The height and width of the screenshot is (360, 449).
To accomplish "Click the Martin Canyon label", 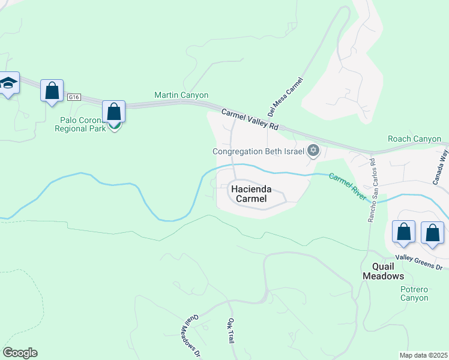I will (x=181, y=95).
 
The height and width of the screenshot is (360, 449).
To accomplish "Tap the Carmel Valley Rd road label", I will (x=250, y=119).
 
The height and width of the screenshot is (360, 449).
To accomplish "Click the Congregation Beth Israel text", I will (x=259, y=151).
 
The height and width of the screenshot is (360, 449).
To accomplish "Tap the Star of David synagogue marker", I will (x=313, y=151).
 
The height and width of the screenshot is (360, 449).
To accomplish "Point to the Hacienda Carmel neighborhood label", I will (x=251, y=194).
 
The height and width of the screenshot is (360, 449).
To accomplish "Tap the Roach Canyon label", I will (x=414, y=139).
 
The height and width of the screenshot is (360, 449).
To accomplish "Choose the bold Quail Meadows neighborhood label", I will (x=383, y=271).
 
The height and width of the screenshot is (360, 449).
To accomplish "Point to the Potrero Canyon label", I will (x=406, y=293).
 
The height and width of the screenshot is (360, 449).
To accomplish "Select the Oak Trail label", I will (x=231, y=331).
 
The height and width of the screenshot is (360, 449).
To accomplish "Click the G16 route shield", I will (x=74, y=97).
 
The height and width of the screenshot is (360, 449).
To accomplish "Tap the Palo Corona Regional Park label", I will (x=80, y=124).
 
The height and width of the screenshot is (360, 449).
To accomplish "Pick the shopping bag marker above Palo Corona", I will (x=113, y=112).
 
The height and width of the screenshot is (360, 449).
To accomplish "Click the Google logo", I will (x=20, y=353).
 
